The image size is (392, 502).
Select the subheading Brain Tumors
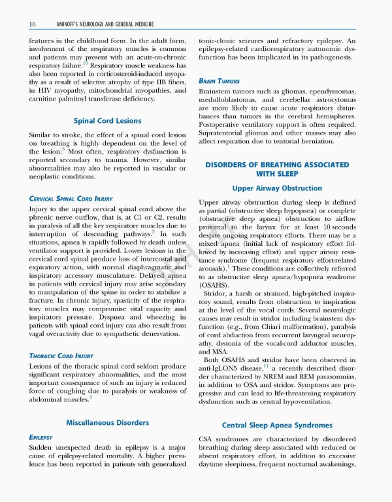click(x=218, y=80)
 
